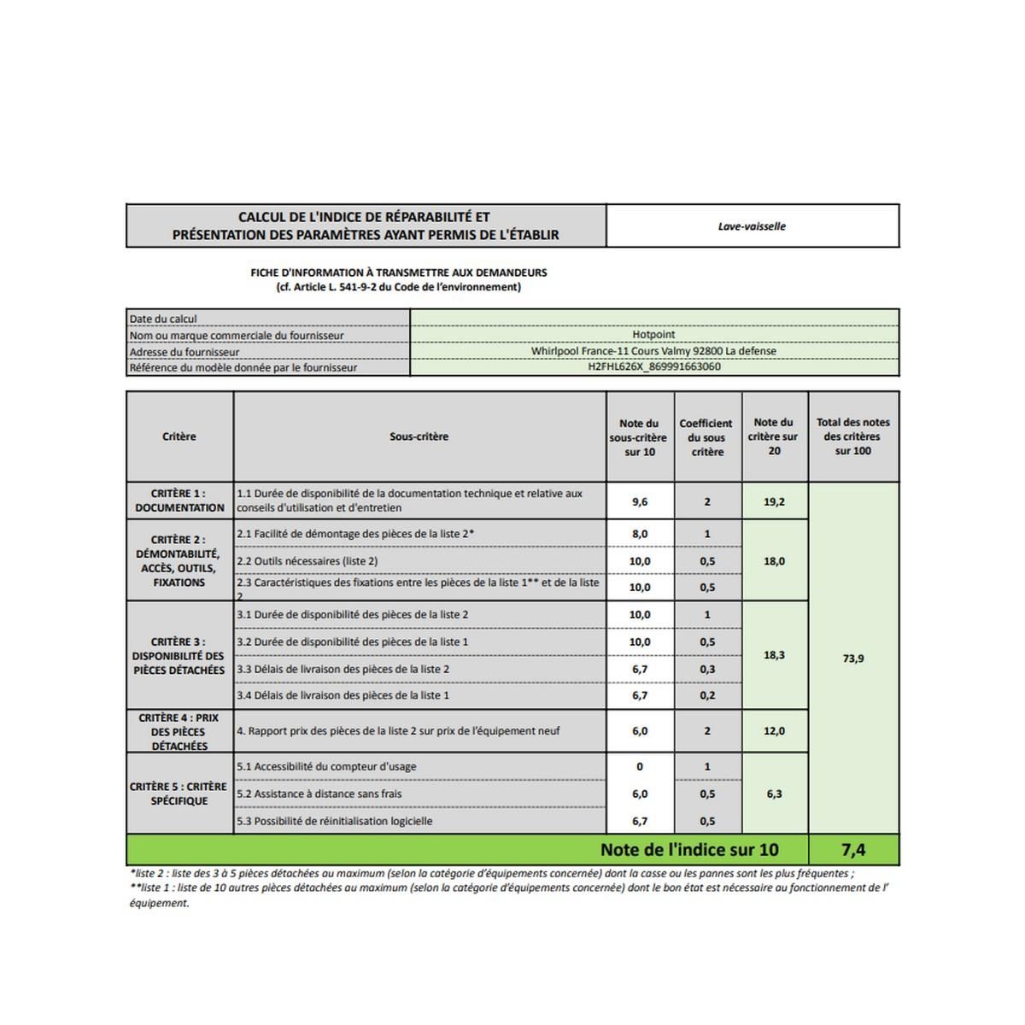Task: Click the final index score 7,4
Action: pyautogui.click(x=853, y=849)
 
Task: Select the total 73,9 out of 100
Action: pyautogui.click(x=853, y=659)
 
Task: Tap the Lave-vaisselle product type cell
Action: pyautogui.click(x=752, y=226)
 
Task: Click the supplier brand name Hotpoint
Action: pyautogui.click(x=653, y=335)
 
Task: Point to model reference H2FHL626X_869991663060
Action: pyautogui.click(x=653, y=367)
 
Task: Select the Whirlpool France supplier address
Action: pyautogui.click(x=653, y=351)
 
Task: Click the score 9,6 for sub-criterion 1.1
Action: pyautogui.click(x=640, y=502)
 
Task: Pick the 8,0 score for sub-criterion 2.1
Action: pyautogui.click(x=640, y=534)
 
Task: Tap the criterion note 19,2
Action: pyautogui.click(x=774, y=502)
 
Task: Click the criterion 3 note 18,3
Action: pyautogui.click(x=774, y=655)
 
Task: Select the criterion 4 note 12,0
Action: pyautogui.click(x=774, y=731)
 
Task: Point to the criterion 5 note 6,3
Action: pyautogui.click(x=774, y=794)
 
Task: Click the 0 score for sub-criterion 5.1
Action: pyautogui.click(x=640, y=767)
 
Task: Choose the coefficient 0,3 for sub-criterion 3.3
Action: pyautogui.click(x=707, y=669)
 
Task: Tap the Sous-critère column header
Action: pyautogui.click(x=419, y=436)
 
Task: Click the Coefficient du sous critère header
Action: pyautogui.click(x=706, y=437)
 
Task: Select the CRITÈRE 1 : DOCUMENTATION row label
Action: pyautogui.click(x=179, y=501)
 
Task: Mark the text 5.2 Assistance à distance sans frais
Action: pyautogui.click(x=319, y=794)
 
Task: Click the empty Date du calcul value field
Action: pyautogui.click(x=653, y=319)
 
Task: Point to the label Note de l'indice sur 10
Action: pyautogui.click(x=689, y=849)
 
